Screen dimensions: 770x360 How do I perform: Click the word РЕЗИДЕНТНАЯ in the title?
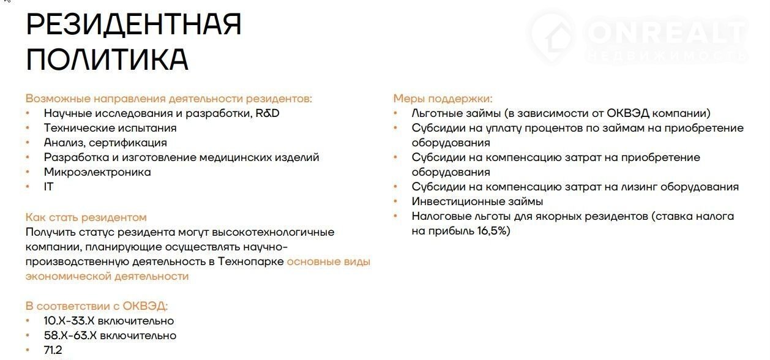(x=133, y=24)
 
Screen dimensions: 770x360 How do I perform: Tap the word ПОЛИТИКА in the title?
(x=107, y=59)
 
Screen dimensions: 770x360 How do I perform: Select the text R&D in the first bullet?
(x=267, y=113)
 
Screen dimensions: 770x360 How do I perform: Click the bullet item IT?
(x=48, y=187)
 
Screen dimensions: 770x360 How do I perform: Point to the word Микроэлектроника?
(x=97, y=172)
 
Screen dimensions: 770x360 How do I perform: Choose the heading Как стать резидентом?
(x=86, y=217)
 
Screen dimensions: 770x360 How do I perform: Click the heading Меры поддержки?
(x=443, y=99)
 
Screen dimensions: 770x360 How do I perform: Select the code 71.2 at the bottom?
(x=53, y=350)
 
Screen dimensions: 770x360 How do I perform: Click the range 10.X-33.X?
(x=69, y=321)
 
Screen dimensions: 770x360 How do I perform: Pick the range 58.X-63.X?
(x=70, y=336)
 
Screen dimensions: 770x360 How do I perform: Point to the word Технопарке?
(x=251, y=261)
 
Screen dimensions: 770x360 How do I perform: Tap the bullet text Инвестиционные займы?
(x=477, y=201)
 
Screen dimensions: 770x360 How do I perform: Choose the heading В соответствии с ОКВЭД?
(x=97, y=306)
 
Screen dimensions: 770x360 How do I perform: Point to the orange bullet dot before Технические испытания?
(x=28, y=128)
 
